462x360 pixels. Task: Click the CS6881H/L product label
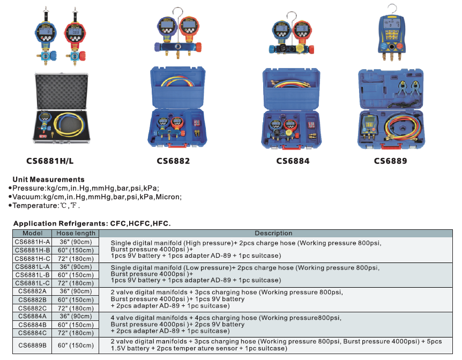[50, 160]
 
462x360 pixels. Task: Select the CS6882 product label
[173, 161]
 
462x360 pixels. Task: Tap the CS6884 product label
[293, 161]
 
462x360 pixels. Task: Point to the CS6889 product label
[390, 161]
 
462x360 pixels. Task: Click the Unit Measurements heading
[48, 179]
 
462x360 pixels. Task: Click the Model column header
[32, 233]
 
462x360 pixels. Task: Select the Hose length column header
[76, 233]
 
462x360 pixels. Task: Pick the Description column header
[273, 233]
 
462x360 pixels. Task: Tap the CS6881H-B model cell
[32, 250]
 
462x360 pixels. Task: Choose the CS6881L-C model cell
[32, 283]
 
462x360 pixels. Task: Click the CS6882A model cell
[32, 291]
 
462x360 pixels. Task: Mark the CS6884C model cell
[32, 333]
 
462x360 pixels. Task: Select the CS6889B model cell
[32, 345]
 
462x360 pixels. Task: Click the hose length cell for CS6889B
[76, 345]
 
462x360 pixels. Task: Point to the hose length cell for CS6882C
[76, 308]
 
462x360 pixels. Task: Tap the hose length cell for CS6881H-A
[76, 242]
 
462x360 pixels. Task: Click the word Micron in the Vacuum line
[168, 197]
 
